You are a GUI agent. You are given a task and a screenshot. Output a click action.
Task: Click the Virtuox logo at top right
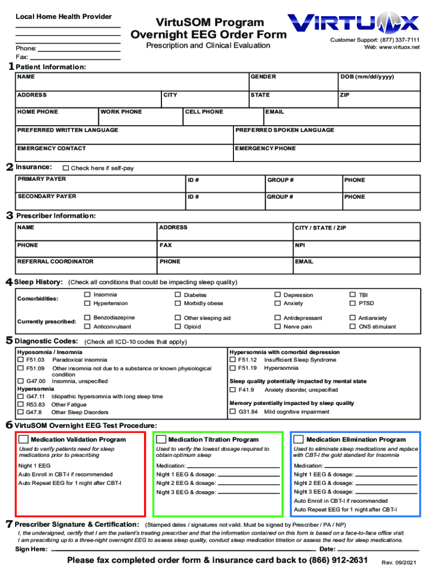pyautogui.click(x=353, y=23)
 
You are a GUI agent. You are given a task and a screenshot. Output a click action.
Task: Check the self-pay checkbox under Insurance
pyautogui.click(x=66, y=168)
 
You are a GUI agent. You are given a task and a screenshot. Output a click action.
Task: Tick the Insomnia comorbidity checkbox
pyautogui.click(x=87, y=294)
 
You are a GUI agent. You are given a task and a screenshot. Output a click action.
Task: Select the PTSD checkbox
pyautogui.click(x=352, y=303)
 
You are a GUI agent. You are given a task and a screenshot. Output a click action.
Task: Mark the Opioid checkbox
pyautogui.click(x=178, y=326)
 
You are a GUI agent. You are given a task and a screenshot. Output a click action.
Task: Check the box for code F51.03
pyautogui.click(x=21, y=360)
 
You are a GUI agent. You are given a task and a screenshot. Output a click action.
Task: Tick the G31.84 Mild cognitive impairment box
pyautogui.click(x=232, y=412)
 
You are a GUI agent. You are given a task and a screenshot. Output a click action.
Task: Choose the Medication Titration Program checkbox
pyautogui.click(x=161, y=439)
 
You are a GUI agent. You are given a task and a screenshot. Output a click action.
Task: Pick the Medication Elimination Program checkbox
pyautogui.click(x=299, y=439)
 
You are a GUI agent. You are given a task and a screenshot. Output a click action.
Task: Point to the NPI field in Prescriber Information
pyautogui.click(x=300, y=245)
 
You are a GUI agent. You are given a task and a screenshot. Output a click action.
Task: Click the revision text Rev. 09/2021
pyautogui.click(x=399, y=562)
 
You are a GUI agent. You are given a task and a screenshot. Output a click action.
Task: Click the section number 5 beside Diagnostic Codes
pyautogui.click(x=9, y=341)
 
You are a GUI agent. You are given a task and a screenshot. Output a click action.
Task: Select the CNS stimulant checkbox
pyautogui.click(x=352, y=326)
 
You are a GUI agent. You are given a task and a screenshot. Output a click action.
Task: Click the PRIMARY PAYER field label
pyautogui.click(x=41, y=179)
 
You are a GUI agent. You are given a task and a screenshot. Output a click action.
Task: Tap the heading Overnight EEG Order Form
pyautogui.click(x=208, y=35)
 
